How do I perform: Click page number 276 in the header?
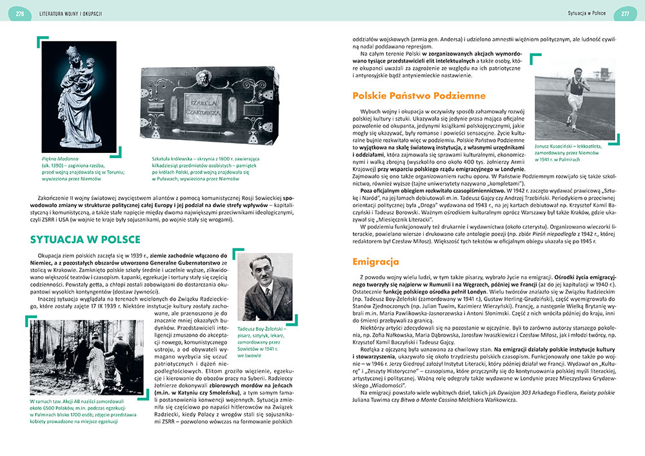pos(21,13)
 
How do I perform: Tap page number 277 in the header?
pos(624,13)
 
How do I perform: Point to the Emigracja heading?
pos(376,262)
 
